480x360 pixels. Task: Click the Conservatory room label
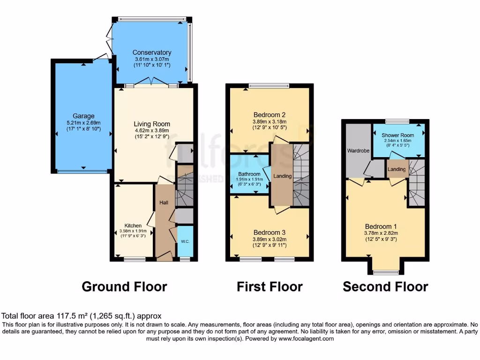pos(151,52)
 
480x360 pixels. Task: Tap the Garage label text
pos(83,116)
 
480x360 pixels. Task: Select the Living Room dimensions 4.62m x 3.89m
pos(151,131)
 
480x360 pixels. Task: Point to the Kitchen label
pos(133,225)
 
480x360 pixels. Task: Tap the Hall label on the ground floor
pos(164,202)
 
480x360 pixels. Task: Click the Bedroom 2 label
pos(270,115)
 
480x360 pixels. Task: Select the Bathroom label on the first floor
pos(249,174)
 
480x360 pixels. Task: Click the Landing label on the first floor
pos(282,176)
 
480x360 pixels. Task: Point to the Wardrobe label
pos(359,151)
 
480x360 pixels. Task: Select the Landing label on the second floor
pos(397,169)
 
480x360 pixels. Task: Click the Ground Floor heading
pos(124,286)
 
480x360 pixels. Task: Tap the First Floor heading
pos(270,286)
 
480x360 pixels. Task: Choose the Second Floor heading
pos(385,286)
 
